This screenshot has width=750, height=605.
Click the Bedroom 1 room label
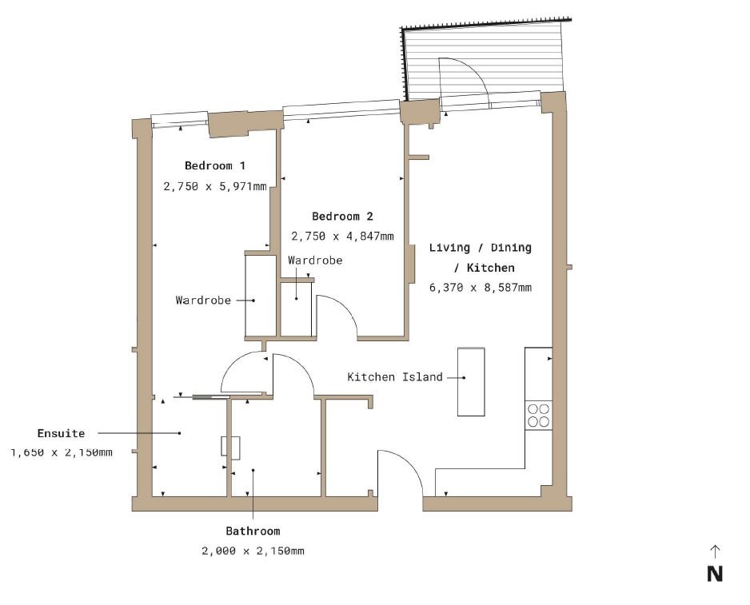[x=215, y=166]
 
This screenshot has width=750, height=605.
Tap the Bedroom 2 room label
[x=342, y=216]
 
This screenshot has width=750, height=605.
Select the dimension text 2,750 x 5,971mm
[x=215, y=186]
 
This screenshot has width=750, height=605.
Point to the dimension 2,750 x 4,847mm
[x=342, y=237]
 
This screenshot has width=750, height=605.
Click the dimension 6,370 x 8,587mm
[x=481, y=288]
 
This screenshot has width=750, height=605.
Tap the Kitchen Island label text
[x=395, y=377]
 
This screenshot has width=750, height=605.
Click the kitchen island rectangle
[x=471, y=382]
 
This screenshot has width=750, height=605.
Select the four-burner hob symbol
[x=539, y=415]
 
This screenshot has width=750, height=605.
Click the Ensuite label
[x=61, y=433]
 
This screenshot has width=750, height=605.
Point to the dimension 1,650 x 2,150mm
[x=62, y=452]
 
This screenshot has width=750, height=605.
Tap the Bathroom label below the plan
[x=253, y=531]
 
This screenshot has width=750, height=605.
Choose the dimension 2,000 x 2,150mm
[x=253, y=551]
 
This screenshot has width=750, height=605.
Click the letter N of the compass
[x=715, y=574]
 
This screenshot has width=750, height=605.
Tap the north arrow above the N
[x=715, y=551]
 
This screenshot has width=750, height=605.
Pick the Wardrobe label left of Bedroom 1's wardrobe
[x=203, y=301]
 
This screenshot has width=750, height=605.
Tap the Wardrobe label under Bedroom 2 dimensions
[x=315, y=261]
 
